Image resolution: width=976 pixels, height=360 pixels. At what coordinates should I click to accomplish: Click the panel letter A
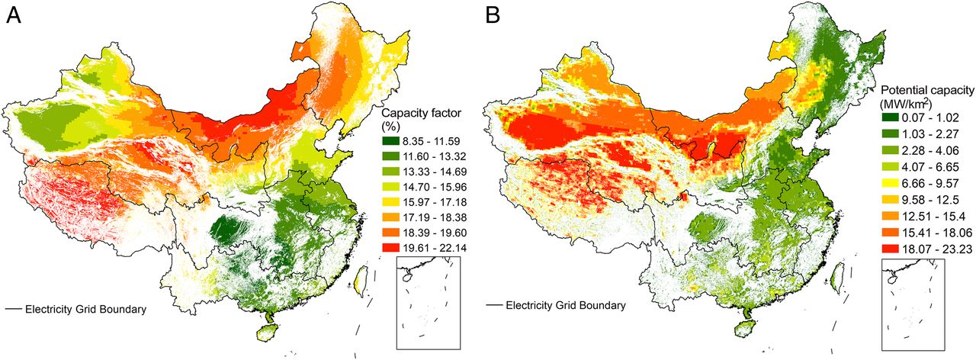point(13,16)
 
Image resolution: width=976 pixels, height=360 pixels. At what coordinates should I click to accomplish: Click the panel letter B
point(498,16)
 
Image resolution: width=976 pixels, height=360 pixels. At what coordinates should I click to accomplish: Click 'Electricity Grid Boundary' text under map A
point(85,309)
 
